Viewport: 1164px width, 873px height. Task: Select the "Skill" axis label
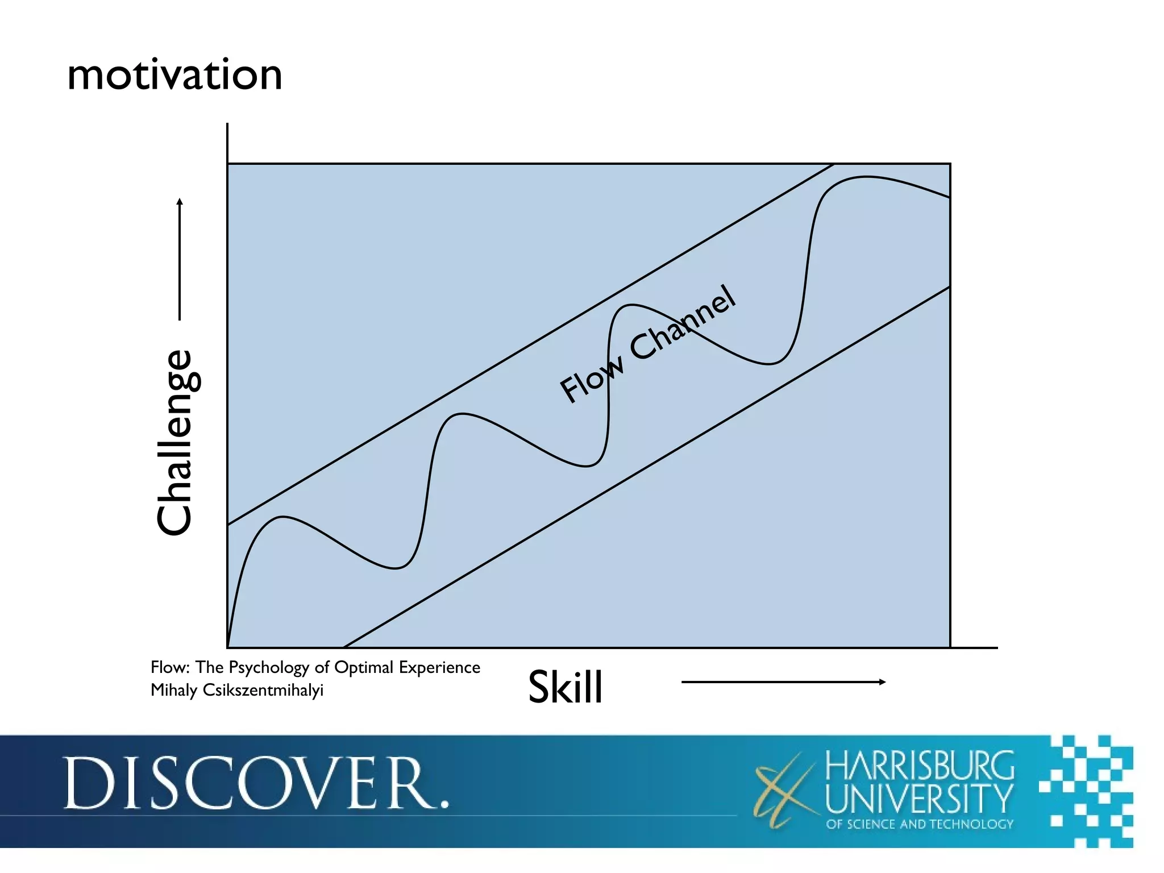coord(565,687)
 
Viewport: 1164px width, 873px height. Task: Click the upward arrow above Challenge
coord(180,259)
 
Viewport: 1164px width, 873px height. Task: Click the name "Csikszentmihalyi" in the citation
coord(263,691)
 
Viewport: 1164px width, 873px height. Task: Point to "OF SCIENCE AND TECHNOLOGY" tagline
coord(920,824)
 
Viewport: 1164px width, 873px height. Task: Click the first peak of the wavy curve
coord(282,517)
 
